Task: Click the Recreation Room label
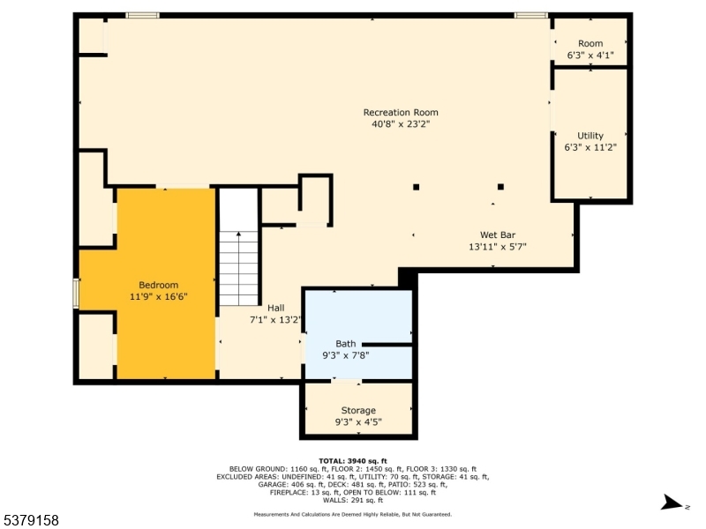[401, 113]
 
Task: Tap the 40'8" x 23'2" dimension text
[401, 124]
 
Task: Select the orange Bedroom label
[159, 285]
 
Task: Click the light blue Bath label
[346, 344]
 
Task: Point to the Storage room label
[358, 410]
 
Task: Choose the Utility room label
[590, 136]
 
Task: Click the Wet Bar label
[498, 235]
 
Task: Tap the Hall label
[276, 308]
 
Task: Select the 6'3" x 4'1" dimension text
[590, 56]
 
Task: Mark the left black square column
[416, 187]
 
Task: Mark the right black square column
[500, 187]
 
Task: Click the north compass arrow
[672, 503]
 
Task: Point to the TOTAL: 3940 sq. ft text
[353, 461]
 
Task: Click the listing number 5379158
[30, 520]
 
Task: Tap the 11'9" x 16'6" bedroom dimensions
[159, 297]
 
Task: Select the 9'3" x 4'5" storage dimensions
[358, 422]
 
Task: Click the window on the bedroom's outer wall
[76, 294]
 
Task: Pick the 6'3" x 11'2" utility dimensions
[590, 147]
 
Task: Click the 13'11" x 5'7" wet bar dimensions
[498, 247]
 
